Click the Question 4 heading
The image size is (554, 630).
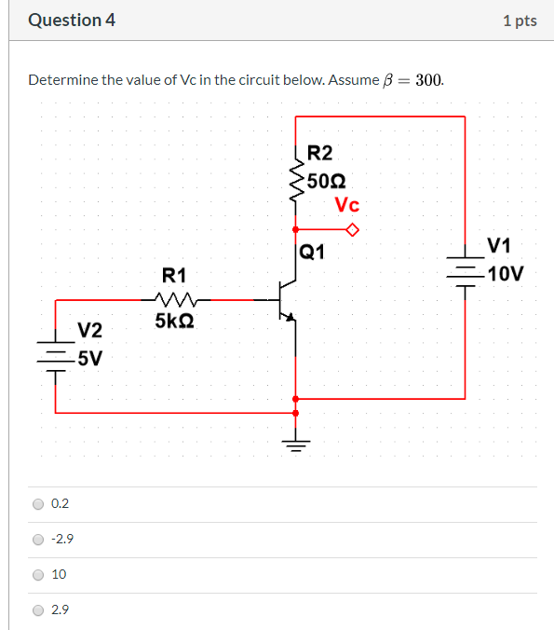pos(72,20)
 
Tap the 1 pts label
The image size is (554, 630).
pos(519,21)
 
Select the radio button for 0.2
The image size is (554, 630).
pos(38,504)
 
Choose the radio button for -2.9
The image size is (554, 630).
pos(38,540)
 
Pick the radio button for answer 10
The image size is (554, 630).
pos(38,575)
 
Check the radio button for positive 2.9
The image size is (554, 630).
pos(38,610)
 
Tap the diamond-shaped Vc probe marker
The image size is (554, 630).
pos(351,229)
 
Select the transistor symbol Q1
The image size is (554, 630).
pos(285,301)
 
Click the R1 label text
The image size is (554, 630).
pos(174,275)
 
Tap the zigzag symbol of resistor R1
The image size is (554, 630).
pos(174,300)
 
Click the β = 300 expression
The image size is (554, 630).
pos(413,80)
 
